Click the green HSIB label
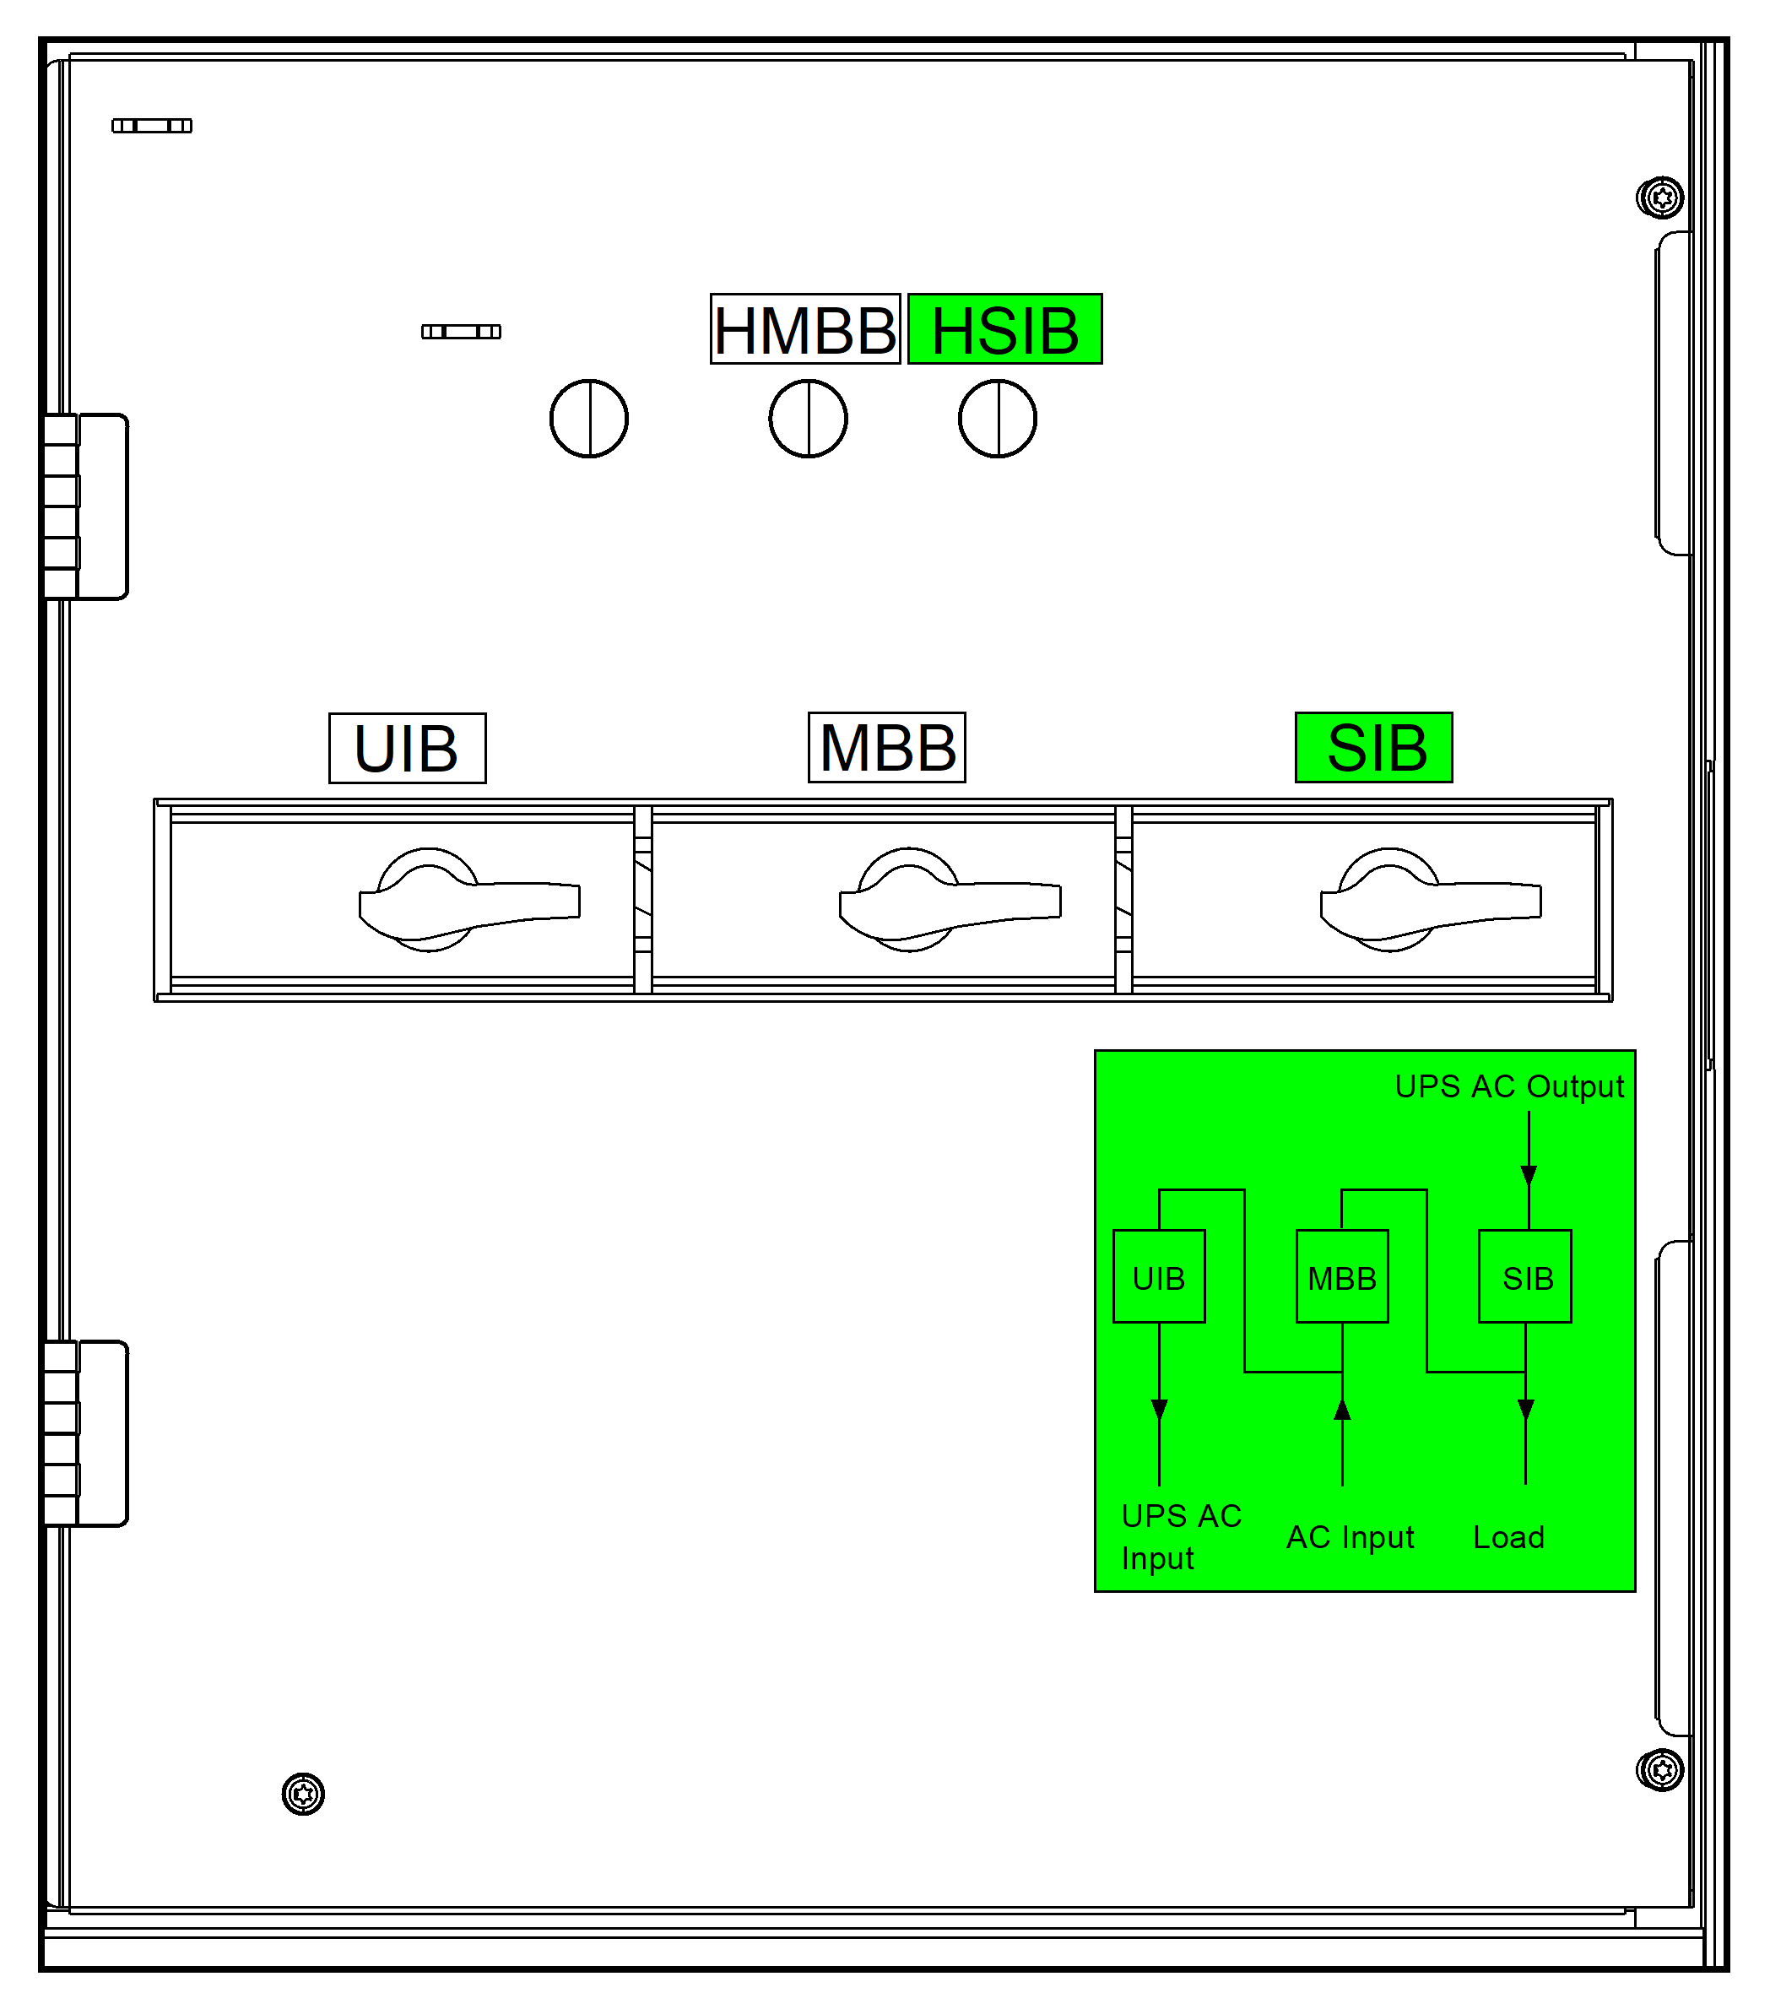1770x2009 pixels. click(x=1004, y=329)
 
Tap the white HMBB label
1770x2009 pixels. click(x=805, y=329)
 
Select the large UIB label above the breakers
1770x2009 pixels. click(x=407, y=748)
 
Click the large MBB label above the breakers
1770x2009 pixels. click(x=886, y=747)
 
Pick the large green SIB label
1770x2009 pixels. click(x=1373, y=747)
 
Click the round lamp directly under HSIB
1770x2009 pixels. click(x=997, y=419)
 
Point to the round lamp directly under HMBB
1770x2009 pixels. click(x=807, y=419)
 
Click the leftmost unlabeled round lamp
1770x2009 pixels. click(x=588, y=419)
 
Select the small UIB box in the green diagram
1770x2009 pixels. click(x=1159, y=1277)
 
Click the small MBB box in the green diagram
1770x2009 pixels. click(x=1341, y=1277)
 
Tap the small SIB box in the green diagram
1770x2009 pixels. click(x=1524, y=1277)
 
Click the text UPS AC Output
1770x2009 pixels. click(x=1508, y=1086)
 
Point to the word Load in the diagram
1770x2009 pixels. click(x=1507, y=1537)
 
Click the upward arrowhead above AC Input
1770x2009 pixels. click(x=1341, y=1411)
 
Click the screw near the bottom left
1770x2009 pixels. click(x=303, y=1795)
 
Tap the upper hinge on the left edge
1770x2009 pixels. click(x=85, y=506)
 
